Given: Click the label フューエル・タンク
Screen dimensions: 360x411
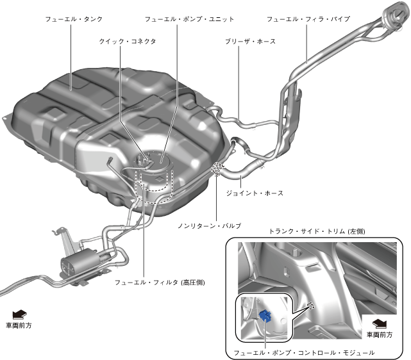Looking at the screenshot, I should (x=74, y=20).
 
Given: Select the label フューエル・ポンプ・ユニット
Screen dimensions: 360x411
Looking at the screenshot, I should (x=189, y=20).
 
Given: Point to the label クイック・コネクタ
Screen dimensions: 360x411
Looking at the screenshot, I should (x=128, y=41).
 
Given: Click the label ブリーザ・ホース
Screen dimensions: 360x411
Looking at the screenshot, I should (x=250, y=41).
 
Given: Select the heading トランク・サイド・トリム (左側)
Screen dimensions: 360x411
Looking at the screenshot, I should (x=317, y=231).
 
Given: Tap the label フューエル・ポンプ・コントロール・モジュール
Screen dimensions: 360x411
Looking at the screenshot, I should (x=304, y=352).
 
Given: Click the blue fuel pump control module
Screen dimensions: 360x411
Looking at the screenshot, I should (x=265, y=315).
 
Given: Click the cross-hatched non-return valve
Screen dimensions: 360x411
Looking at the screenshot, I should (x=217, y=169).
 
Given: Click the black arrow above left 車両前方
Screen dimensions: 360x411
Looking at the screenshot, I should (x=19, y=313).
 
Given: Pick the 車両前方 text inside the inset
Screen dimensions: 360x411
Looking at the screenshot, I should (x=380, y=334).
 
